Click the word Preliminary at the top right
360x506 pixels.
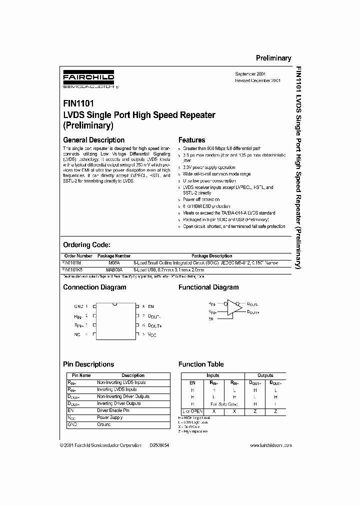[273, 58]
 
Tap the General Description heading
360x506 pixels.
[93, 140]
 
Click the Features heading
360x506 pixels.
[192, 140]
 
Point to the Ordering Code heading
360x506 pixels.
[86, 245]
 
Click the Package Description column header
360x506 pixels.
[212, 256]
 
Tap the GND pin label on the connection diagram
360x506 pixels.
[78, 306]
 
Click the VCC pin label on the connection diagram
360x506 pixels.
[152, 334]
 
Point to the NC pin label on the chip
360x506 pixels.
[77, 334]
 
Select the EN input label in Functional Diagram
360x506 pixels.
[211, 318]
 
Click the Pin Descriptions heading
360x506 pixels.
[88, 364]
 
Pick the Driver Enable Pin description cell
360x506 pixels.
[113, 410]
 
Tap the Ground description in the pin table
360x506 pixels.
[103, 424]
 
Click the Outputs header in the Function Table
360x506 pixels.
[265, 375]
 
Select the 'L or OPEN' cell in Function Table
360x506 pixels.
[192, 410]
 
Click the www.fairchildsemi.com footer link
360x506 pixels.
[270, 445]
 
